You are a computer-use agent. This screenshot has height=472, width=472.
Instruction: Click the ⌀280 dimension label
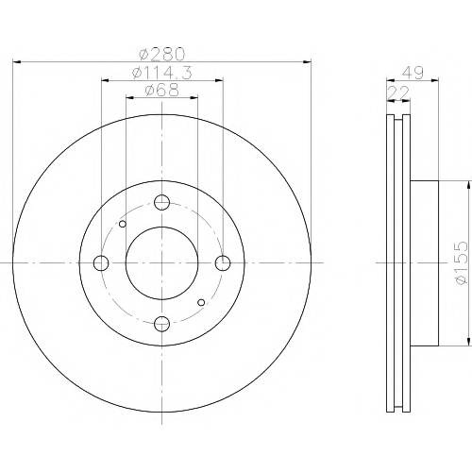pos(161,54)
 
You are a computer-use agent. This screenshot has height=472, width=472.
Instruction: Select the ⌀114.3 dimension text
pos(162,73)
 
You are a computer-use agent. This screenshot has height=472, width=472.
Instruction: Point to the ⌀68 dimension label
pos(162,90)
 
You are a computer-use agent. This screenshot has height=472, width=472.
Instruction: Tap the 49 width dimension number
pos(413,73)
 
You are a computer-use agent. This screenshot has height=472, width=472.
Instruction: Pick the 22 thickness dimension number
pos(399,93)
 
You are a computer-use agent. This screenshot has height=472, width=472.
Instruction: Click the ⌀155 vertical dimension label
pos(462,262)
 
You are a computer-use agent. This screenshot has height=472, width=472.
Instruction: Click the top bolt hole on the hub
pos(162,202)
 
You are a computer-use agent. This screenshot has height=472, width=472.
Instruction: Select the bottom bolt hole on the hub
pos(162,324)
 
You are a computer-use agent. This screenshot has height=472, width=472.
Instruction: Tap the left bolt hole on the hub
pos(101,262)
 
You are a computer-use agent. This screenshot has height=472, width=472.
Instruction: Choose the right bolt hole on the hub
pos(223,262)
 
